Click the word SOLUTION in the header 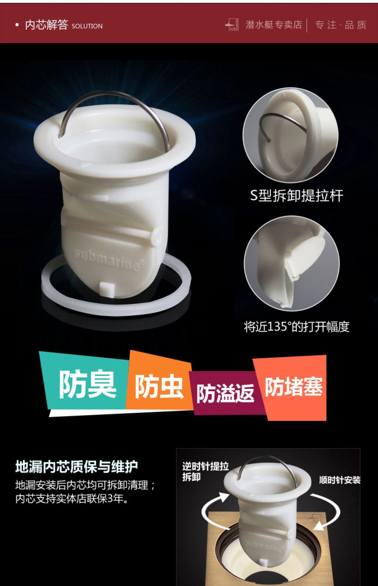coord(87,26)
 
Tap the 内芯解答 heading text coord(46,25)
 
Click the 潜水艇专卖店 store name coord(274,25)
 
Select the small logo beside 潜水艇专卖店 coord(232,24)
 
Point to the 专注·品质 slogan coord(341,25)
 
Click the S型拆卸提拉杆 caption coord(297,196)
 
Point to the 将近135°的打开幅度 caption coord(297,327)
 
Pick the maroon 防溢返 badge coord(226,393)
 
